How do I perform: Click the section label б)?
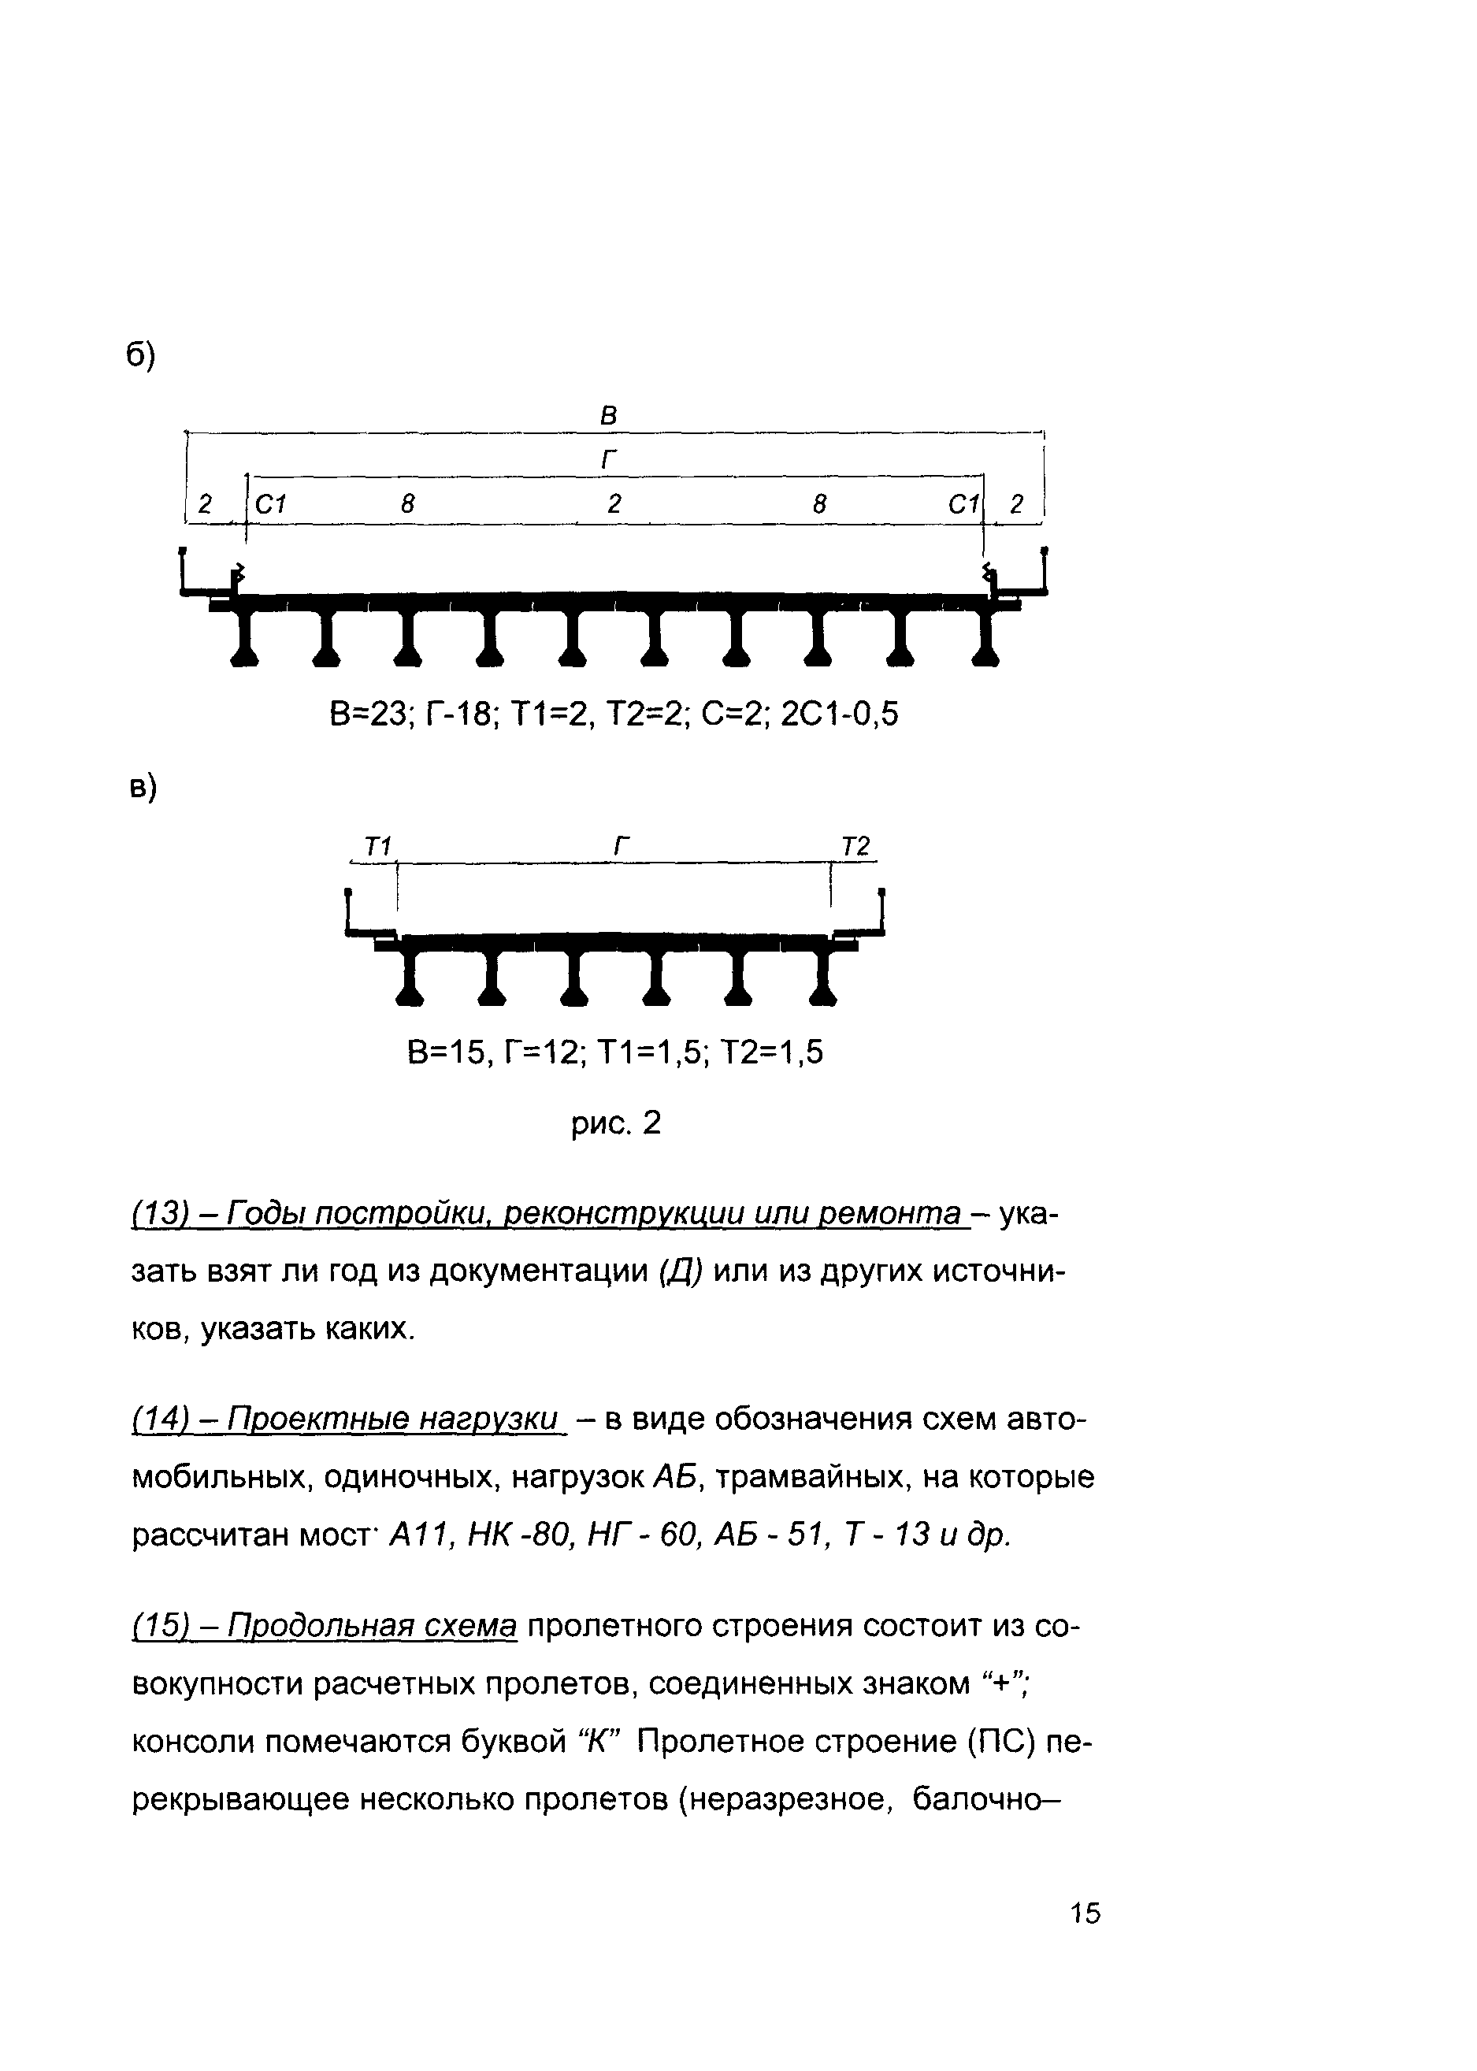point(140,355)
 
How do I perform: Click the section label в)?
point(142,787)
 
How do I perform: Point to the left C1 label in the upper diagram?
point(271,504)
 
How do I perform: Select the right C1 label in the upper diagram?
point(963,504)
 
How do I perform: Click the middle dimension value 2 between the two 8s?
point(614,504)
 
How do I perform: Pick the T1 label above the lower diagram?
point(377,847)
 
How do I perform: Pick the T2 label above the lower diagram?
point(855,847)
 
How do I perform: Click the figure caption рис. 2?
point(616,1125)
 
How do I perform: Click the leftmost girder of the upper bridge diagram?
point(246,637)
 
